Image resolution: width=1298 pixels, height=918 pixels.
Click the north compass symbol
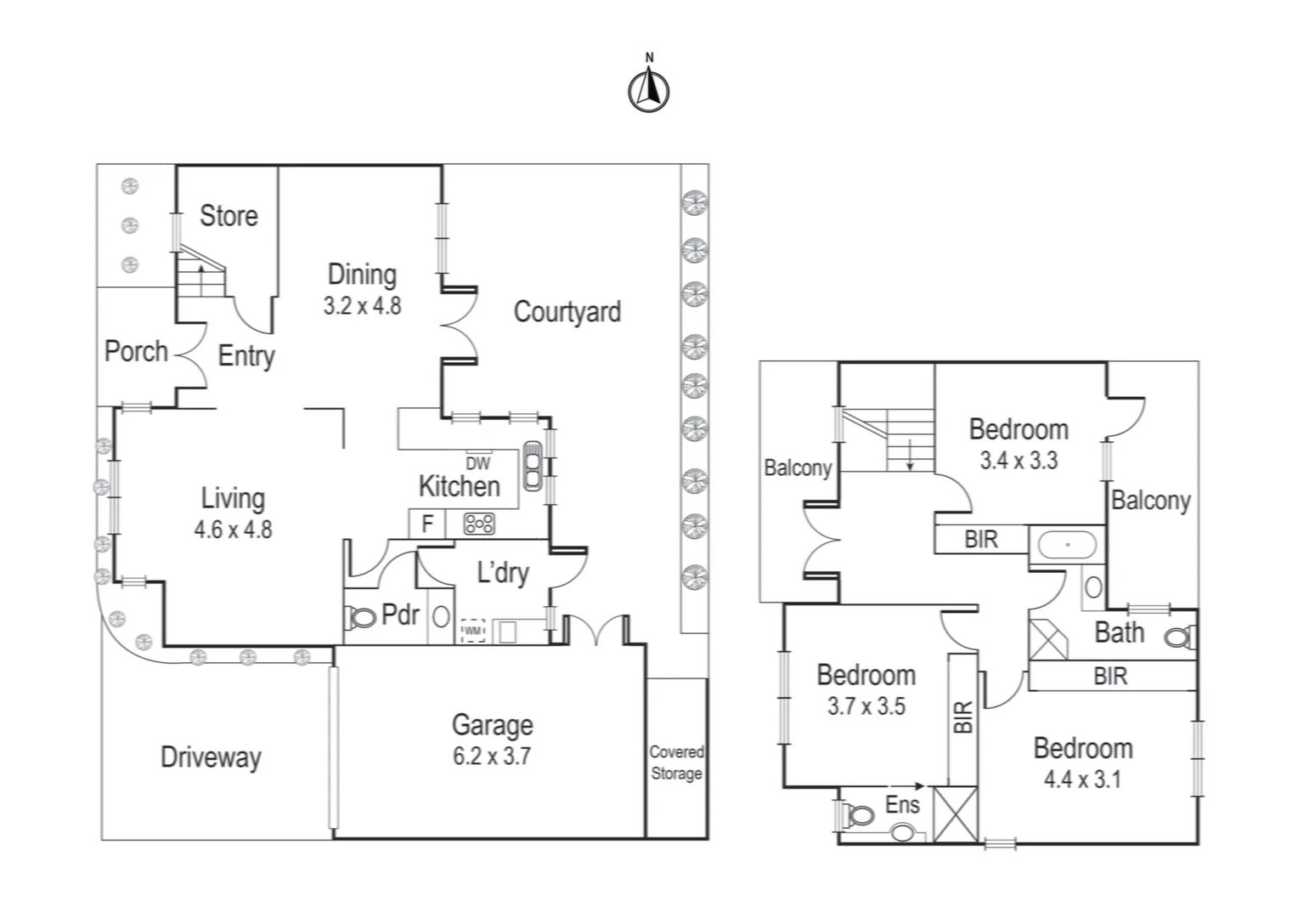(648, 89)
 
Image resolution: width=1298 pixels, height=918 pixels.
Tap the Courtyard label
(567, 312)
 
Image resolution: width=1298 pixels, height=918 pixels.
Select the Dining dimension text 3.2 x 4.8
(362, 306)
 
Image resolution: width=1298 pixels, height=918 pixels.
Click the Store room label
(229, 216)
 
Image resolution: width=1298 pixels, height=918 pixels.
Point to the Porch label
(136, 351)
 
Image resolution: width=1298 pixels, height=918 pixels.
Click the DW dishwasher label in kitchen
(477, 463)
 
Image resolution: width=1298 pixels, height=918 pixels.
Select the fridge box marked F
(427, 524)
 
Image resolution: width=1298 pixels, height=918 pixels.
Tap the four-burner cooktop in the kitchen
(479, 524)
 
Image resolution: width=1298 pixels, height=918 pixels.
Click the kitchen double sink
(533, 466)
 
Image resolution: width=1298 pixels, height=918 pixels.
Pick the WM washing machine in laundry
(472, 631)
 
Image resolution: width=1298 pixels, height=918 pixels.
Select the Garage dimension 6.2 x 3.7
(492, 756)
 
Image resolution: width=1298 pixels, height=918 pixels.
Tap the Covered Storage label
(676, 762)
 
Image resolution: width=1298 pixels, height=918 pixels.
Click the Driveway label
(211, 757)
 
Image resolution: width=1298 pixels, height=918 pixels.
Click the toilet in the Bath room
(1179, 637)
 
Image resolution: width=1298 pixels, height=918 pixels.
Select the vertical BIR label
(962, 717)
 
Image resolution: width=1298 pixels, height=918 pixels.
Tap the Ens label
(902, 804)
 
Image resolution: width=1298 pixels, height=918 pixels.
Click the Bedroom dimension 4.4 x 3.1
(1082, 779)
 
